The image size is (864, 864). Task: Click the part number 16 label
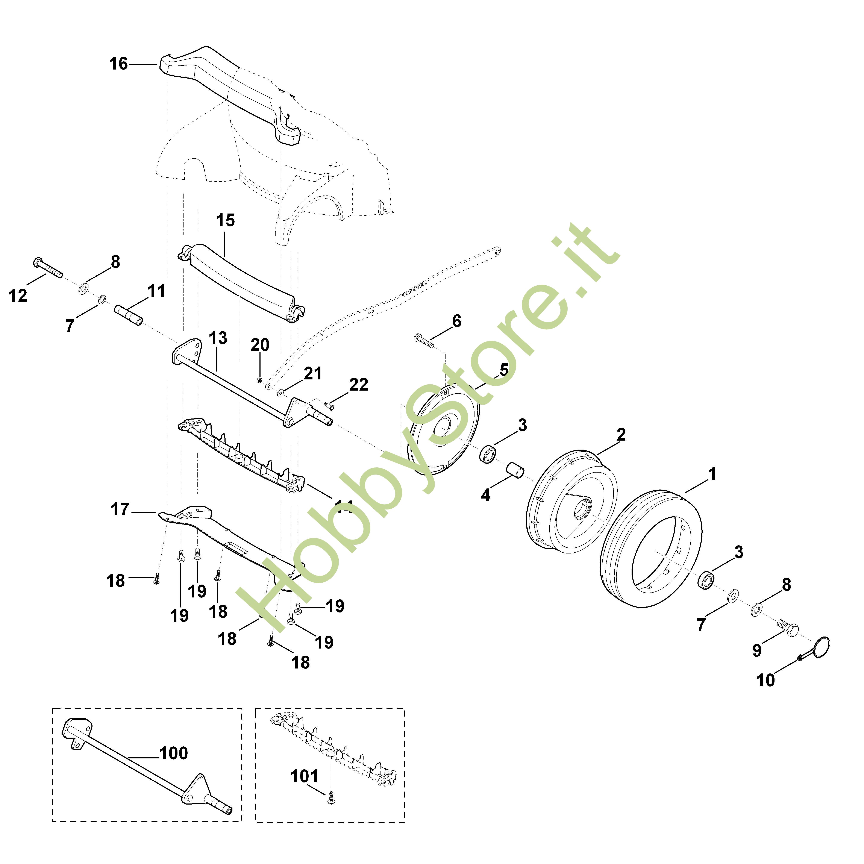pos(118,64)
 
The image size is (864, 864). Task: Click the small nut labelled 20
pos(259,380)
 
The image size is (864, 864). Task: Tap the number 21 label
pos(313,373)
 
